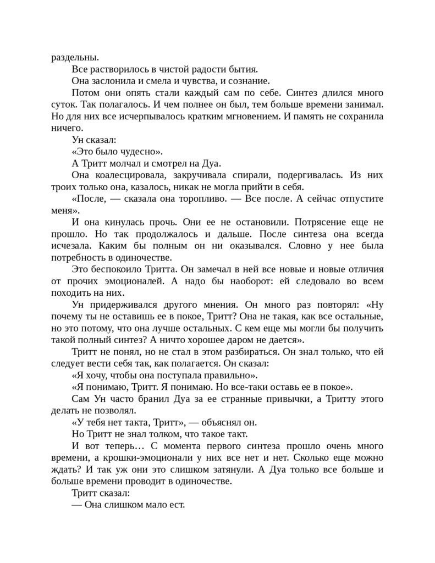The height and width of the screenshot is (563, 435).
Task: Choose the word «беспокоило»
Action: pyautogui.click(x=117, y=269)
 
